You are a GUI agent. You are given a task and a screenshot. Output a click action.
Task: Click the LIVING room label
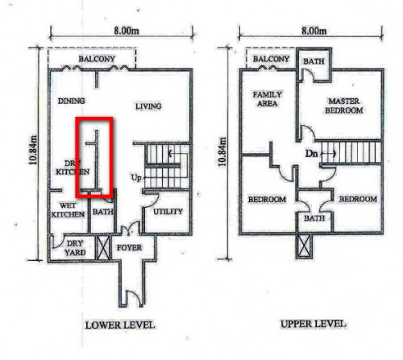148,106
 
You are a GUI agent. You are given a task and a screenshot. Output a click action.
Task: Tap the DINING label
72,101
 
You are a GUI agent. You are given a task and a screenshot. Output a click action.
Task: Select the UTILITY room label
168,212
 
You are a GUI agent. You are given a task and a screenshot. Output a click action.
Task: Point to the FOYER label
129,247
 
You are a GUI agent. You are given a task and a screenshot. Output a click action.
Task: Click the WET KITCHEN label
68,210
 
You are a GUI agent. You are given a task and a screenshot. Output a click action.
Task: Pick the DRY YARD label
75,248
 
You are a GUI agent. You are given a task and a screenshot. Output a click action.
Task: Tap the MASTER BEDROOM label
344,106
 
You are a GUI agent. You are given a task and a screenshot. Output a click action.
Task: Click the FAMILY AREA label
267,99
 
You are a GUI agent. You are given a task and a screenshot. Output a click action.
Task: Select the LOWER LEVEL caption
120,325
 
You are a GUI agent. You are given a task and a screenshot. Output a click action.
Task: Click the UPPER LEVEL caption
314,324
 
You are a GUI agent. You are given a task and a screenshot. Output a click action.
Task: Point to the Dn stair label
311,154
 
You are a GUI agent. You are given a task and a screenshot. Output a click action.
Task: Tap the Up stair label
136,178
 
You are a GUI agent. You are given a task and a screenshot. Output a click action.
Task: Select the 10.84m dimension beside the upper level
222,151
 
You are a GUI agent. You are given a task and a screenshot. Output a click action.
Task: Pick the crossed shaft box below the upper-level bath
304,246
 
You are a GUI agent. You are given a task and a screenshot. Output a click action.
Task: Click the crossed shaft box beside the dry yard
102,247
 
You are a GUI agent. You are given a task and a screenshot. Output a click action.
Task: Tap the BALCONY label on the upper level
271,59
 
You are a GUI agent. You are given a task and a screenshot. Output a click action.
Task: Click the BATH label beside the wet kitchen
102,212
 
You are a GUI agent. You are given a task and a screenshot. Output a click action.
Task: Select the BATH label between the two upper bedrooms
314,218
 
